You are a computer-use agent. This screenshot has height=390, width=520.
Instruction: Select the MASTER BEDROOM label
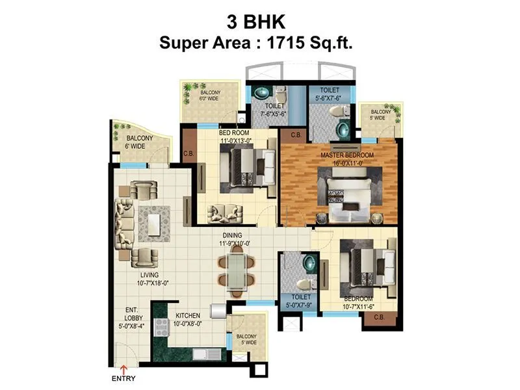click(346, 156)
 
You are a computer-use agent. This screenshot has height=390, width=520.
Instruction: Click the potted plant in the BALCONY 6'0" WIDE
click(188, 87)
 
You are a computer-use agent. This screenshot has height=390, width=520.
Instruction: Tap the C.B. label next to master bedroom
click(295, 135)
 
